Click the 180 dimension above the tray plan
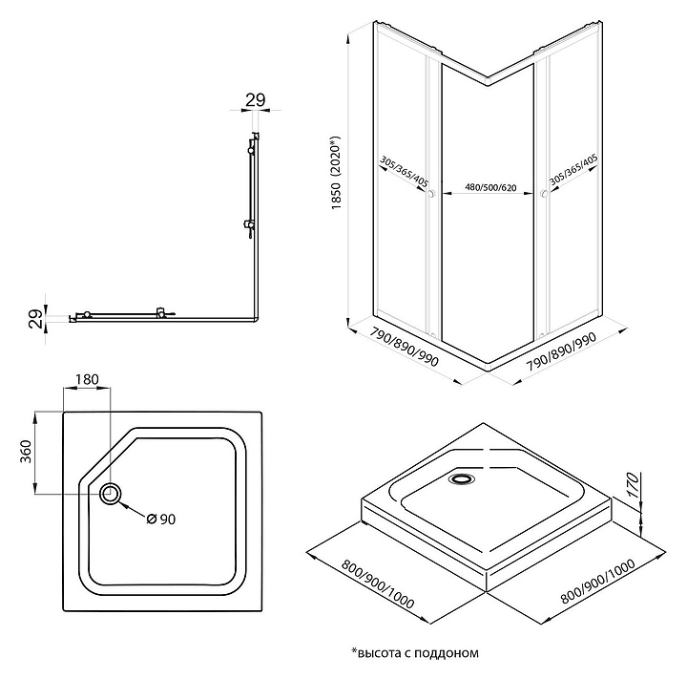[87, 380]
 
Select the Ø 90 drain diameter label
[160, 519]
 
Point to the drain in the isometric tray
[464, 480]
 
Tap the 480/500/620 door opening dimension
[485, 187]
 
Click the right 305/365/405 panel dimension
[574, 173]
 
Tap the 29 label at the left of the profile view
[34, 318]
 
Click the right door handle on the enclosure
[543, 195]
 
